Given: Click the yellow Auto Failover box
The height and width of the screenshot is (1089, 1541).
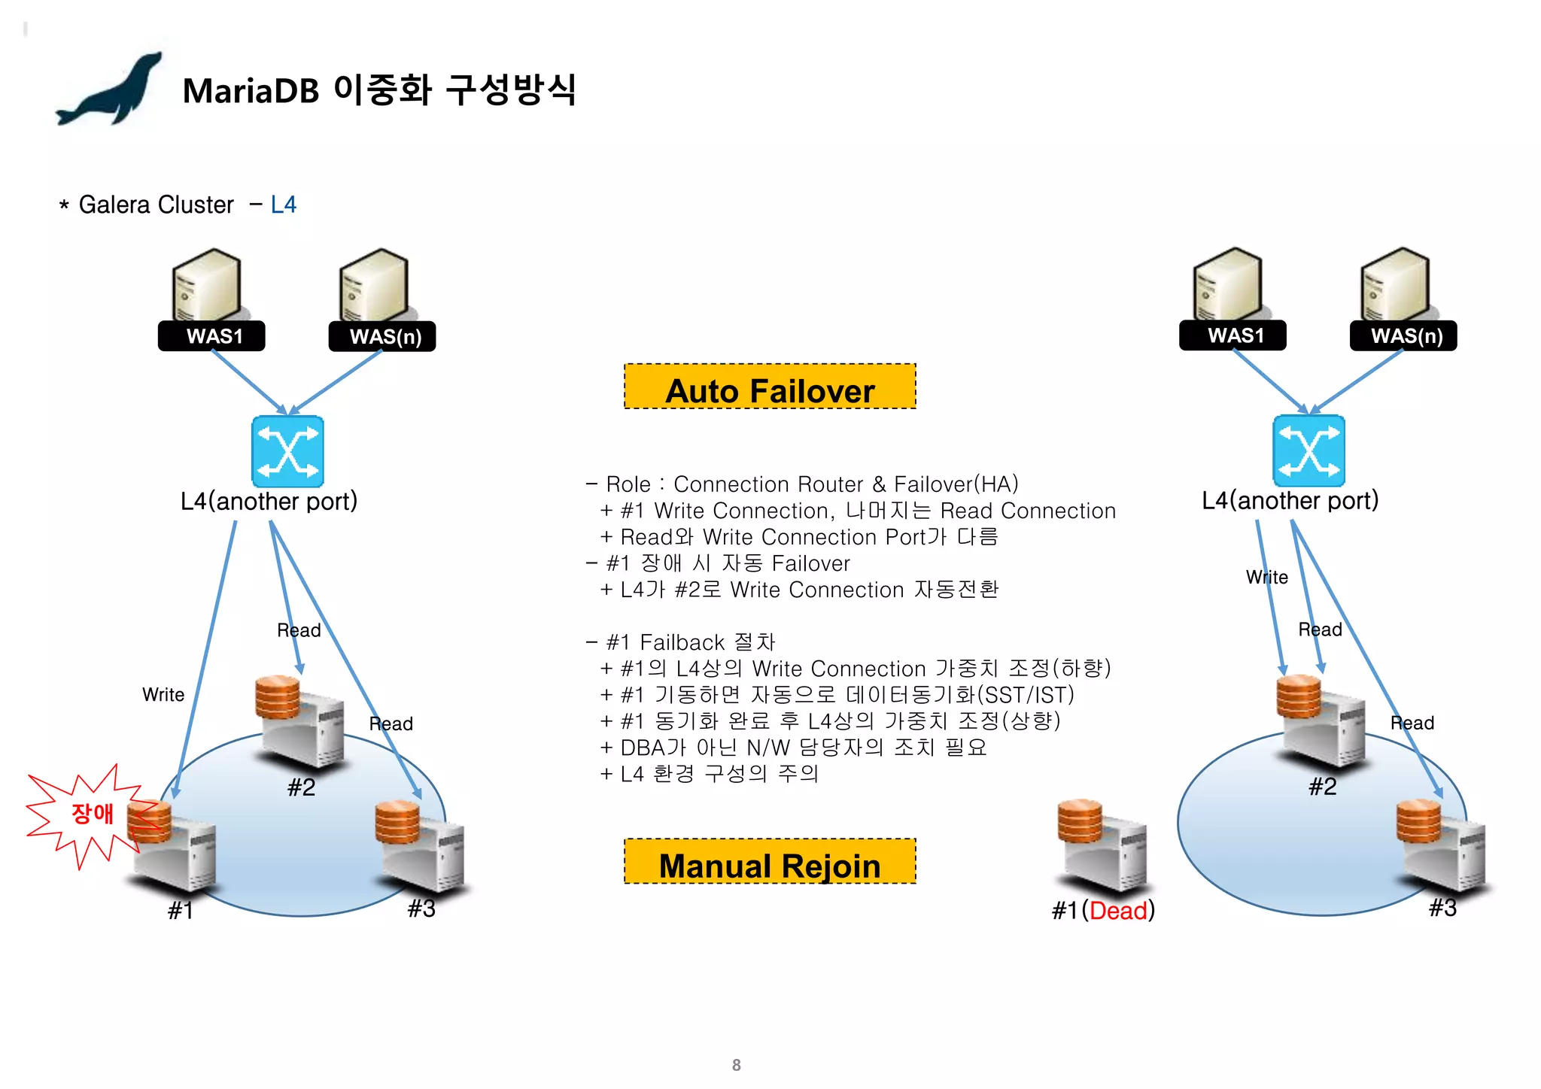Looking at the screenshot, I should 770,387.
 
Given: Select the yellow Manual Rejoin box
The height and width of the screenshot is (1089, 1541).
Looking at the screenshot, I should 770,862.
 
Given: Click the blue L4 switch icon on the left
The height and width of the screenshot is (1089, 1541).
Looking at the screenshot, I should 287,451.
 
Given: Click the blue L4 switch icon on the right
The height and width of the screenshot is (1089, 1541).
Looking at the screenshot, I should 1308,450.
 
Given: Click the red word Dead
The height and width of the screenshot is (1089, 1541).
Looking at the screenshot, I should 1118,911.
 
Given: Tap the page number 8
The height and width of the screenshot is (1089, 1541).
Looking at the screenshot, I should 736,1065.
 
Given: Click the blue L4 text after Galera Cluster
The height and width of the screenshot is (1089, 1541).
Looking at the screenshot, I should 284,205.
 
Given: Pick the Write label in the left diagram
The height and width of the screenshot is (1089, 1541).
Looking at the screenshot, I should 163,695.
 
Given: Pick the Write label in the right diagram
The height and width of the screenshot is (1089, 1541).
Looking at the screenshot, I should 1267,578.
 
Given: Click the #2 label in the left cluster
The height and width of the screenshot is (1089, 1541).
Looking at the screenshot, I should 301,787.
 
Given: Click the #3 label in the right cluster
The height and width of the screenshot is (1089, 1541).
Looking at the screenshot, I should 1442,908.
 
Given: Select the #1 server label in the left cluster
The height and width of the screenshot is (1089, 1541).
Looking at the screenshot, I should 181,911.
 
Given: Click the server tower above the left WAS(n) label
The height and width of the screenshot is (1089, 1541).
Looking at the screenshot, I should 375,285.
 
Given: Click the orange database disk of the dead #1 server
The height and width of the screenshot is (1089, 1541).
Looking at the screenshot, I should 1080,821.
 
